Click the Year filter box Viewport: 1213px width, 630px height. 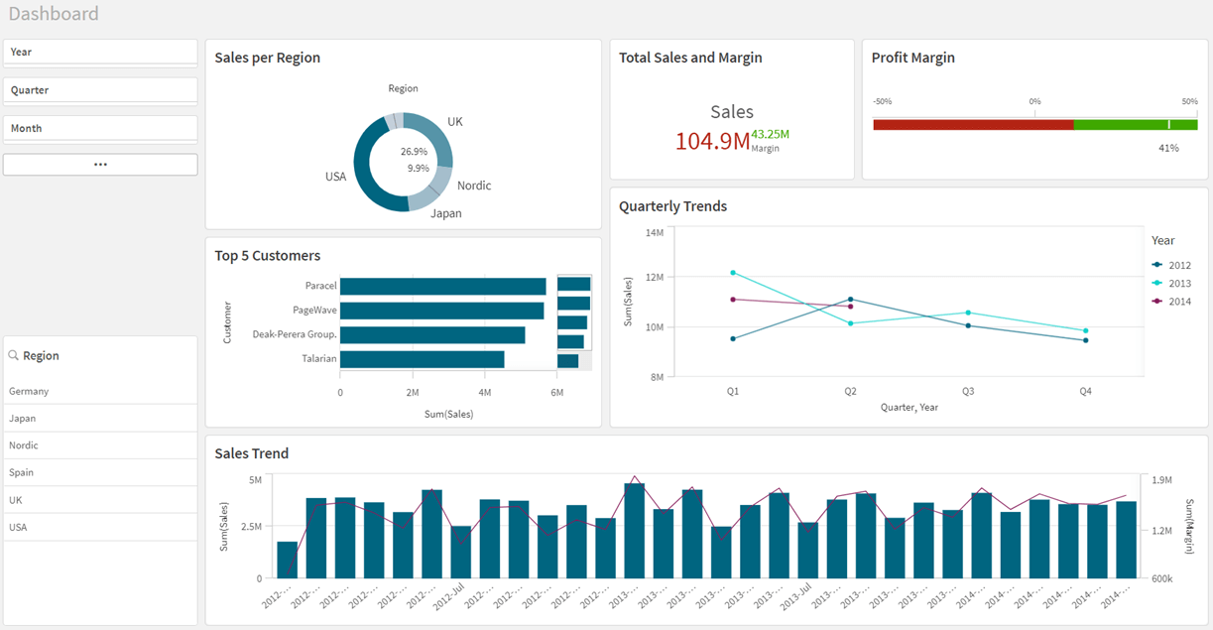[x=100, y=52]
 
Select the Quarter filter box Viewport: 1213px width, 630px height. [x=100, y=90]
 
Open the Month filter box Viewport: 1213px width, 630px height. [x=100, y=128]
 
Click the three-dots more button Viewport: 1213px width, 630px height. [x=100, y=165]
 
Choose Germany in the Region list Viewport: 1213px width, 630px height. [x=29, y=391]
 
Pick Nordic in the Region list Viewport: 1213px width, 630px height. [x=24, y=445]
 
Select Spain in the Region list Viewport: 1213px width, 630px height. [x=22, y=472]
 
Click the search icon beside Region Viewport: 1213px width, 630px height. [x=14, y=356]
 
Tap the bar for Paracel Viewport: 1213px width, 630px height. [x=442, y=287]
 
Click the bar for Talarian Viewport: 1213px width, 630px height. [x=422, y=359]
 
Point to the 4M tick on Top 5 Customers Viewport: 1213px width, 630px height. [x=484, y=393]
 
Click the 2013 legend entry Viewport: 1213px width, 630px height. [x=1179, y=284]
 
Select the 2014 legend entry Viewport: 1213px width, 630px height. [x=1179, y=302]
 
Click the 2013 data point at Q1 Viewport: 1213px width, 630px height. [x=733, y=273]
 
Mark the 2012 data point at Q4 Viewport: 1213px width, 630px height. [x=1085, y=340]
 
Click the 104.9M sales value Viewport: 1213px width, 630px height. [x=712, y=142]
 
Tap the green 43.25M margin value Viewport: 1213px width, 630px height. [x=770, y=134]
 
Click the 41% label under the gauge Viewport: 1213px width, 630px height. [x=1168, y=148]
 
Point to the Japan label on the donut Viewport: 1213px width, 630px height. [x=445, y=213]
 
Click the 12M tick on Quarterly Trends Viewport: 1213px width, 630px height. [x=654, y=278]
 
